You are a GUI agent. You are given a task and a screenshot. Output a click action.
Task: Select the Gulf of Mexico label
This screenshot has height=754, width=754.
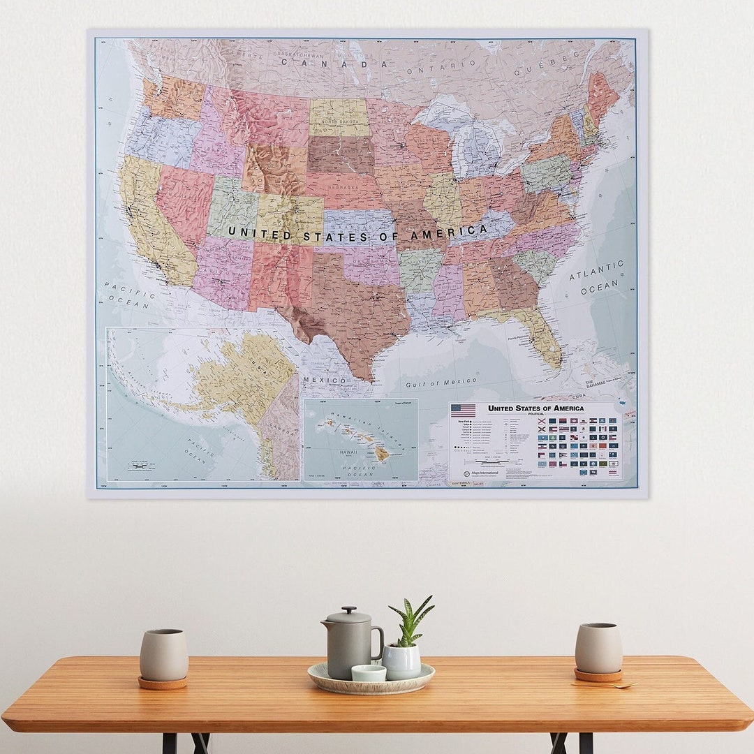coord(441,383)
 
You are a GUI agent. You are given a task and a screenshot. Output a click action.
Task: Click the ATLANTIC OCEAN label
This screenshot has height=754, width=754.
coord(596,277)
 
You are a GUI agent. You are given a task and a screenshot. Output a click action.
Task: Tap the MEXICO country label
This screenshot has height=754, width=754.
coord(324,380)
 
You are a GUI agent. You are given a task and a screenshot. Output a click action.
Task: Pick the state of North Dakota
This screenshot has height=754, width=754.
coord(339,117)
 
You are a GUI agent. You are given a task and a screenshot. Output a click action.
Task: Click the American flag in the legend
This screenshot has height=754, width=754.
coord(463,411)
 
